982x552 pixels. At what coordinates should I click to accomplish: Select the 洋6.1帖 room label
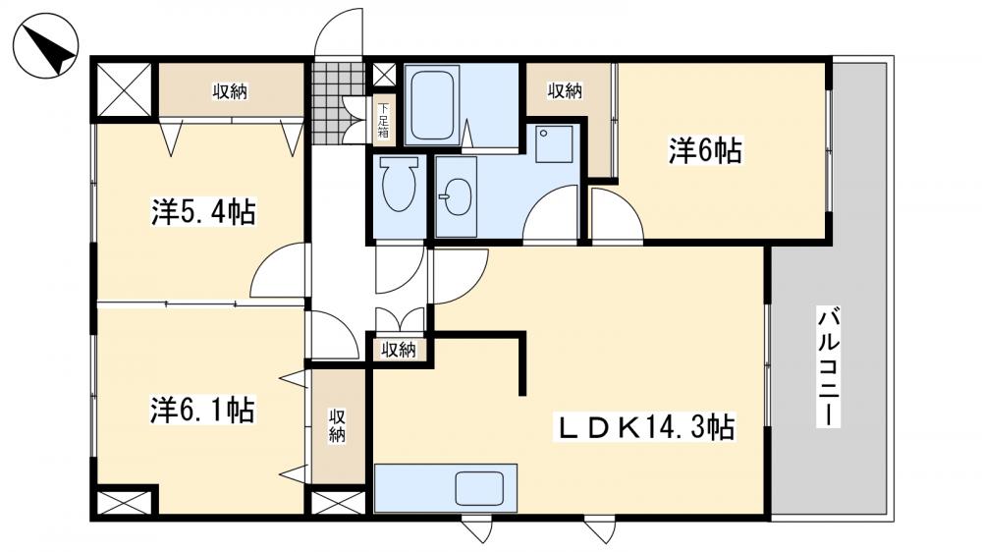point(203,409)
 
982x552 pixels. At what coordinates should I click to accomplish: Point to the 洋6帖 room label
point(704,151)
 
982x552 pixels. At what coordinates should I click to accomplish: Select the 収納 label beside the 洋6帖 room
point(565,91)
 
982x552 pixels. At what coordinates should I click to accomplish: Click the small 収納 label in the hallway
point(398,349)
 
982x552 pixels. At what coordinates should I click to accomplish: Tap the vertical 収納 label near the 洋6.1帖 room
point(337,424)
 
